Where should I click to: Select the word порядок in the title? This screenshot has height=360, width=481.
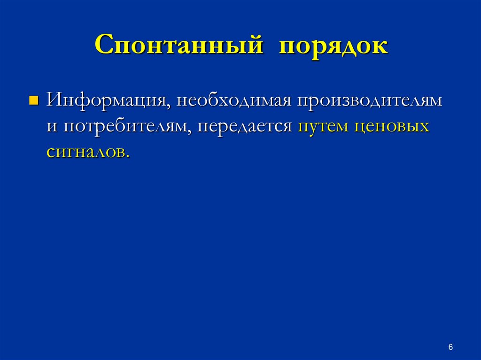[334, 47]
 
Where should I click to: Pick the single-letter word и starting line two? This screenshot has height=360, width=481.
[52, 127]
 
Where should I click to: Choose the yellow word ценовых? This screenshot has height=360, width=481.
[392, 127]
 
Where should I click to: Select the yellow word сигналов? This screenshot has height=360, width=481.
[86, 153]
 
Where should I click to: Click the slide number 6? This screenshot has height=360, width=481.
[450, 347]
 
